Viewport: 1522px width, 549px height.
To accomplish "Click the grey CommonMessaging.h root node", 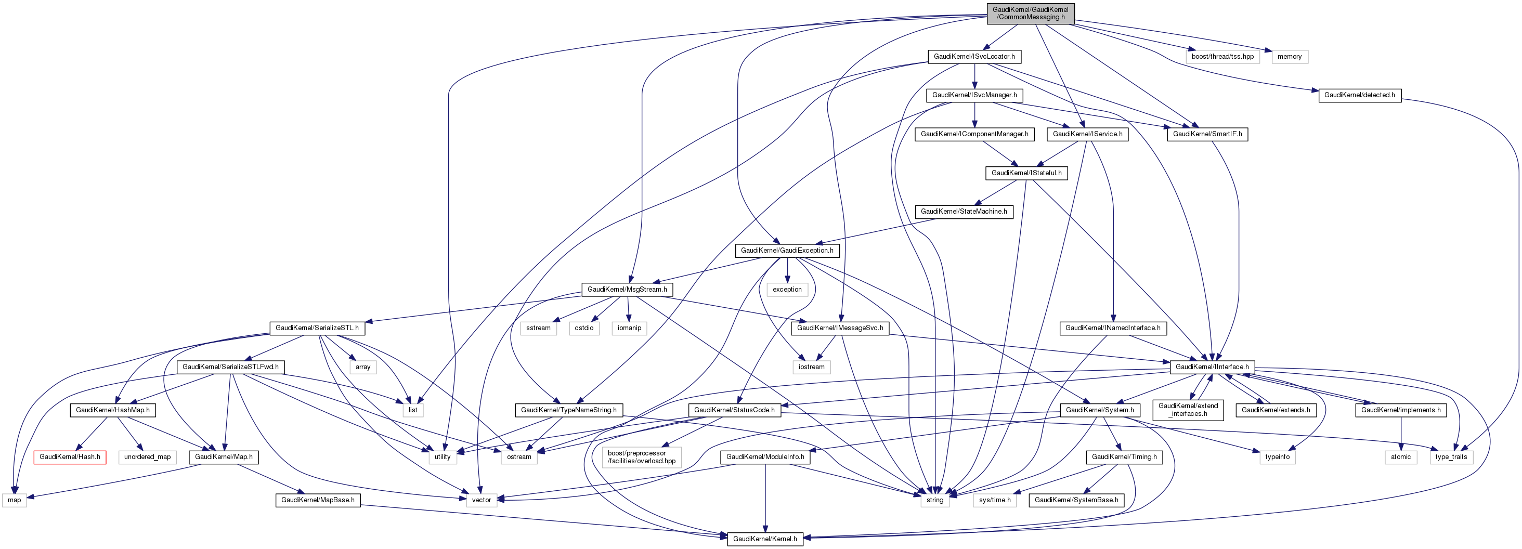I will click(1031, 13).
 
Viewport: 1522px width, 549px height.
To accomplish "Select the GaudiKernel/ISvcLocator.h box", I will click(974, 57).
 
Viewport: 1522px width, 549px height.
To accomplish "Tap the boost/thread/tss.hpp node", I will click(1222, 57).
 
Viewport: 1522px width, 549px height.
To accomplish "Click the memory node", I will click(1289, 57).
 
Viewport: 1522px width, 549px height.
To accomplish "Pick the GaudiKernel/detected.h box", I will click(1359, 95).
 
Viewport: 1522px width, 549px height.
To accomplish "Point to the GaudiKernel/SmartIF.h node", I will click(1207, 134).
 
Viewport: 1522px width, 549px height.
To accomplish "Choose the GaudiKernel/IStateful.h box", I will click(1026, 173).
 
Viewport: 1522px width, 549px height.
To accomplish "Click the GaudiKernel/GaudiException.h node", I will click(787, 251).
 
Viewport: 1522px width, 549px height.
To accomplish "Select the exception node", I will click(787, 290).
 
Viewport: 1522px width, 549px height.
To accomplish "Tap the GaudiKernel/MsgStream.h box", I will click(627, 290).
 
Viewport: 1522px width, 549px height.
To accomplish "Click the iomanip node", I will click(629, 328).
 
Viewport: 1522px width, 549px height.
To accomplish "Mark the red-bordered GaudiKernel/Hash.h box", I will click(70, 457).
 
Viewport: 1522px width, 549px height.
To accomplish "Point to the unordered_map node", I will click(147, 457).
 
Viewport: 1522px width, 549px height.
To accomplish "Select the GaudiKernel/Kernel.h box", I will click(764, 539).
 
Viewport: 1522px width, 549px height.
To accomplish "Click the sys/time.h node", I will click(994, 500).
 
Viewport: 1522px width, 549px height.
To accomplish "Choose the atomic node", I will click(1400, 457).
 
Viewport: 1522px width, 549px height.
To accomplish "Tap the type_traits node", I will click(1451, 457).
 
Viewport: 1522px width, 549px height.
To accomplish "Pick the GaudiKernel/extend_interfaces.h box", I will click(1188, 410).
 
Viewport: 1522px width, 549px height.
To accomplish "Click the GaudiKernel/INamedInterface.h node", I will click(1113, 328).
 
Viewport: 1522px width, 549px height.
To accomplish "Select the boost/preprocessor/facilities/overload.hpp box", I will click(641, 457).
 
